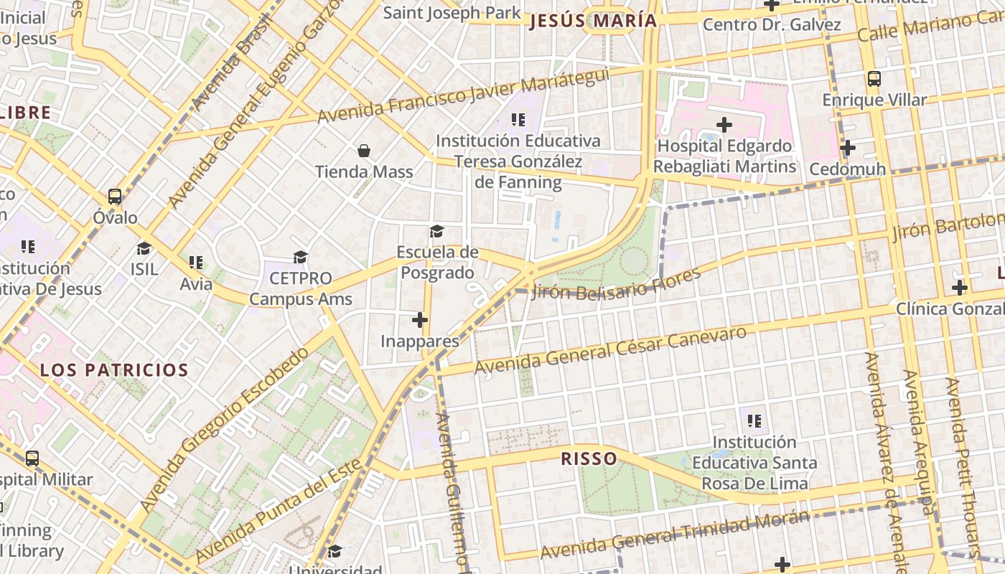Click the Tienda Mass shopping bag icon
pyautogui.click(x=364, y=151)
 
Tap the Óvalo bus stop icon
pyautogui.click(x=115, y=196)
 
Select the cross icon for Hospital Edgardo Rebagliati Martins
pyautogui.click(x=724, y=125)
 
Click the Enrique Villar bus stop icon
pyautogui.click(x=874, y=78)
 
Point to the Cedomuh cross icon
pyautogui.click(x=848, y=148)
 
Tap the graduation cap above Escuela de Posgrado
pyautogui.click(x=436, y=231)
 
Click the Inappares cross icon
pyautogui.click(x=420, y=319)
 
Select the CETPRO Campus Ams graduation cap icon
pyautogui.click(x=300, y=257)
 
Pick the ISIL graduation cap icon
pyautogui.click(x=144, y=248)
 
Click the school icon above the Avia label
pyautogui.click(x=196, y=263)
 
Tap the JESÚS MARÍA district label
pyautogui.click(x=593, y=21)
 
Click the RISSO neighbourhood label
pyautogui.click(x=589, y=458)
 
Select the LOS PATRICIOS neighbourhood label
pyautogui.click(x=113, y=370)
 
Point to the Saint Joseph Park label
pyautogui.click(x=452, y=12)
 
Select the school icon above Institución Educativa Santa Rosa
pyautogui.click(x=754, y=420)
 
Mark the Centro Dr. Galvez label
pyautogui.click(x=772, y=25)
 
